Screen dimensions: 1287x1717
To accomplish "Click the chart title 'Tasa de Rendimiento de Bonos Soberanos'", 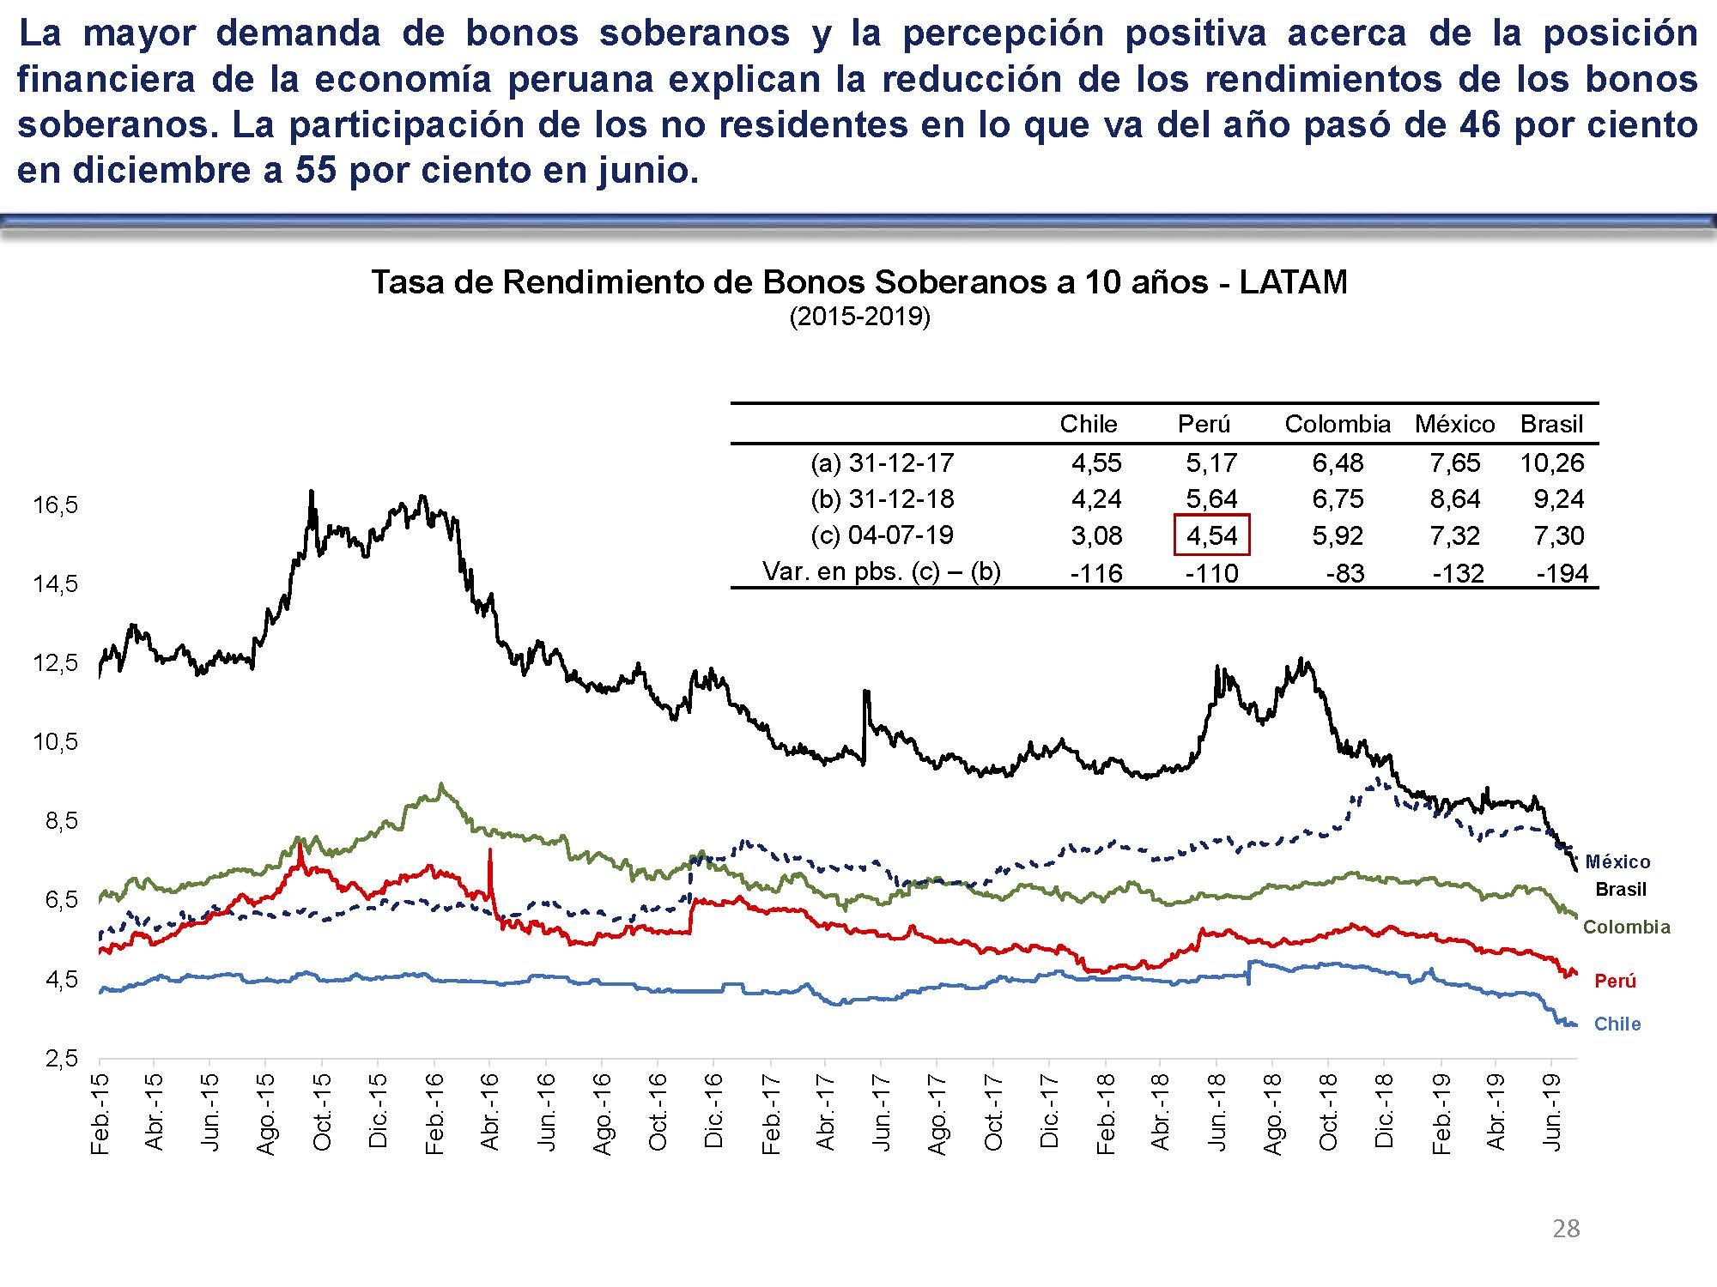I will point(858,282).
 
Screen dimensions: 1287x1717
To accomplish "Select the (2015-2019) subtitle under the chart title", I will point(859,317).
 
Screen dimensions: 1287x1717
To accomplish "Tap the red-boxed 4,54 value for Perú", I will point(1211,536).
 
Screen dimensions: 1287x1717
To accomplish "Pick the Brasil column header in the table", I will point(1551,424).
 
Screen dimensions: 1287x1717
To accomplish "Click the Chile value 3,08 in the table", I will point(1096,536).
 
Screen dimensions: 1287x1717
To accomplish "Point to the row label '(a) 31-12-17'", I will point(882,463).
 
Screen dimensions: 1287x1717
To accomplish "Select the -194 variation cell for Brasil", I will point(1562,573).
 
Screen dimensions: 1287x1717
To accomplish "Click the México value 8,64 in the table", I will point(1454,499).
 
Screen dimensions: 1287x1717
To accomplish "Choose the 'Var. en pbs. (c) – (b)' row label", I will point(882,571).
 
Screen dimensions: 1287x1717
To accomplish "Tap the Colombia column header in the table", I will point(1337,424).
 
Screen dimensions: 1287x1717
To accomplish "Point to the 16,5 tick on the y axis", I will point(56,505).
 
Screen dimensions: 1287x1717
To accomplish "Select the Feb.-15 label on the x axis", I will point(100,1114).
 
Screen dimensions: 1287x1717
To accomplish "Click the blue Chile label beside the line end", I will point(1617,1024).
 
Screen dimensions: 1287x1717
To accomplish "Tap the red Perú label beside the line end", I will point(1615,981).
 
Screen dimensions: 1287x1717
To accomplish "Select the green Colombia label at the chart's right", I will point(1626,927).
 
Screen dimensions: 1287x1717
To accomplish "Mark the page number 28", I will point(1566,1229).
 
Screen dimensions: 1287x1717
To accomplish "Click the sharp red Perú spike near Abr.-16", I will point(489,858).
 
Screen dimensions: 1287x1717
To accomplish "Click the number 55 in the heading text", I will point(315,171).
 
